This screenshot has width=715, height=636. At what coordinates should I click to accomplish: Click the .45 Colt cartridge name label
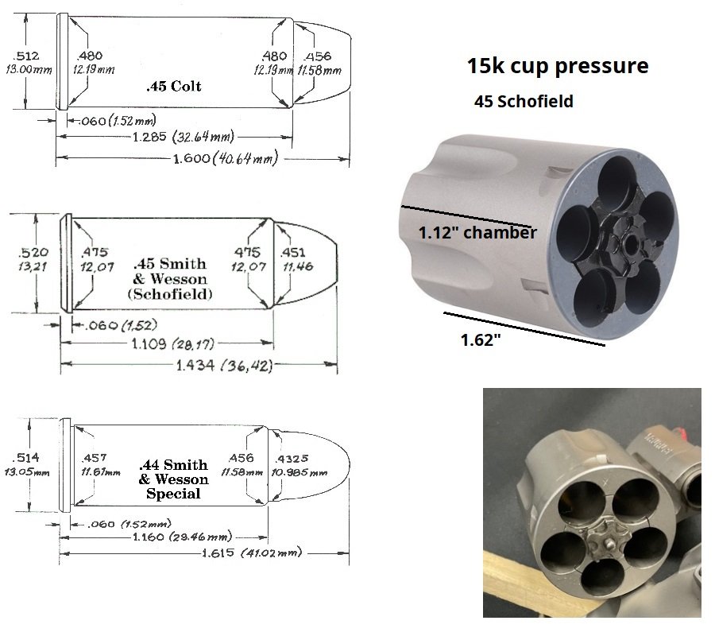[174, 86]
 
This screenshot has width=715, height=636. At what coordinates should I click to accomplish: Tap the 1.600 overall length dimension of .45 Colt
[226, 158]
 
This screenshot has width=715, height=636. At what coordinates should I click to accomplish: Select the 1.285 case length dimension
[183, 137]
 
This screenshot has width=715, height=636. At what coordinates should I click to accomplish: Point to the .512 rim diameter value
[26, 56]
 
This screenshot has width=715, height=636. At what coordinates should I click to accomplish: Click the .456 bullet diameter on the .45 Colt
[318, 56]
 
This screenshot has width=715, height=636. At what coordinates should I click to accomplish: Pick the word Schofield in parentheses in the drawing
[170, 294]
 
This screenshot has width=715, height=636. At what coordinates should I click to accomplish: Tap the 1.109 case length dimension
[173, 343]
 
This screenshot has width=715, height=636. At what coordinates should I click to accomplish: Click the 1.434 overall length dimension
[224, 365]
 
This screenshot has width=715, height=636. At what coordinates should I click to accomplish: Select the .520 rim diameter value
[33, 252]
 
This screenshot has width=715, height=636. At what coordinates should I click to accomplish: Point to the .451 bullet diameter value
[292, 252]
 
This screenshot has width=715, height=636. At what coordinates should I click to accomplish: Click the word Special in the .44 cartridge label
[173, 494]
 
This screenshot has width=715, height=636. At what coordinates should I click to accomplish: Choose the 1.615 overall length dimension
[252, 553]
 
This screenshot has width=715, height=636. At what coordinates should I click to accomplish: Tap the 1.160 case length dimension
[182, 537]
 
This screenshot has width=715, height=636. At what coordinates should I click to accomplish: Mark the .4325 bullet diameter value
[292, 458]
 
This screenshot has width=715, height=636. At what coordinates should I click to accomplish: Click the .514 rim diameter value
[26, 458]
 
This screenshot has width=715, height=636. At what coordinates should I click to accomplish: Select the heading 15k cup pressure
[557, 65]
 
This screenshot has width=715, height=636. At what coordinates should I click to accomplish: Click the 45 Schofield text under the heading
[524, 101]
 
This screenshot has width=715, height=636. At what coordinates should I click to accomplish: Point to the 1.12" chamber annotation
[477, 233]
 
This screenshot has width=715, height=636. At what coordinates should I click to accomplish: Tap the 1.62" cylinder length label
[481, 340]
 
